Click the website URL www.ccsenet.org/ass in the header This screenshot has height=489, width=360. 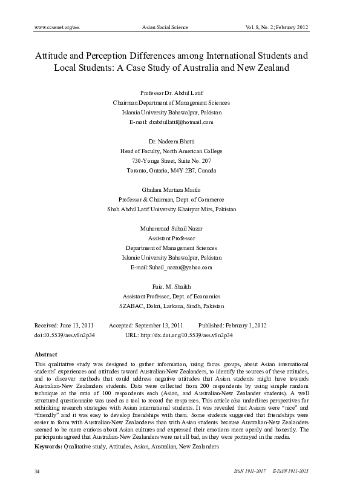coord(58,28)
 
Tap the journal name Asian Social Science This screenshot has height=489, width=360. coord(165,28)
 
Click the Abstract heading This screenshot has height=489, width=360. coord(47,353)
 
